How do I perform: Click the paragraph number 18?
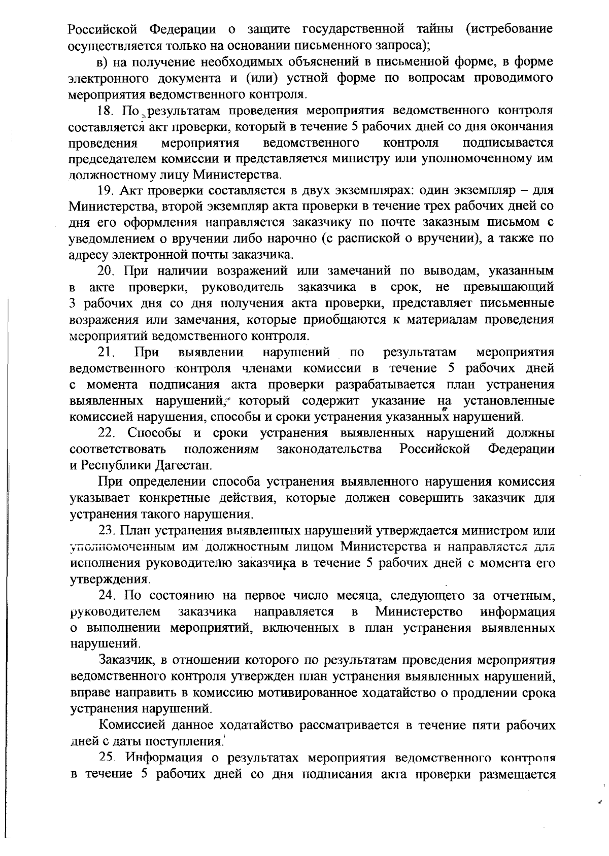[105, 111]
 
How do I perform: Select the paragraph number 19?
[105, 191]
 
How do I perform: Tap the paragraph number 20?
[106, 271]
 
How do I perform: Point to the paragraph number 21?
[106, 352]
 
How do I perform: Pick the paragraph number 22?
[106, 433]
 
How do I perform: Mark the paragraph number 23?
[107, 531]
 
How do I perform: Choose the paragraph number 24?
[107, 596]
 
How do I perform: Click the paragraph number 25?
[107, 758]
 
